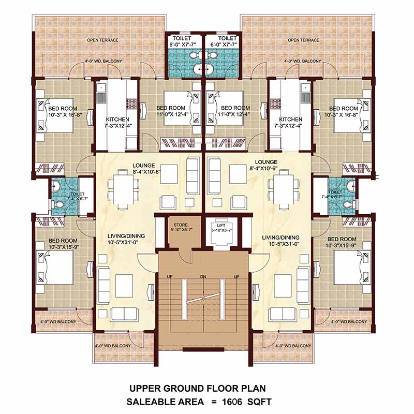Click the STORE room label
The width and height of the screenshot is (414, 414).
180,225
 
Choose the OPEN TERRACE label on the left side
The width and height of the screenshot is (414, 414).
102,40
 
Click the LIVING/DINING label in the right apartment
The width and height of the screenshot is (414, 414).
281,237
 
